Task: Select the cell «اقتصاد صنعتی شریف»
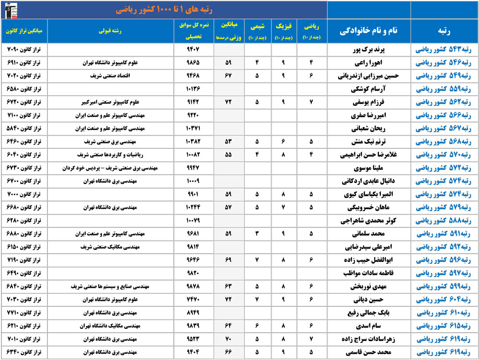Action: coord(110,76)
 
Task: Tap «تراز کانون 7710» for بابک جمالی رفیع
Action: coord(24,314)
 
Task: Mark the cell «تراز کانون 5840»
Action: coord(24,129)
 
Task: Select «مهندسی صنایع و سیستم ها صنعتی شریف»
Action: coord(110,287)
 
